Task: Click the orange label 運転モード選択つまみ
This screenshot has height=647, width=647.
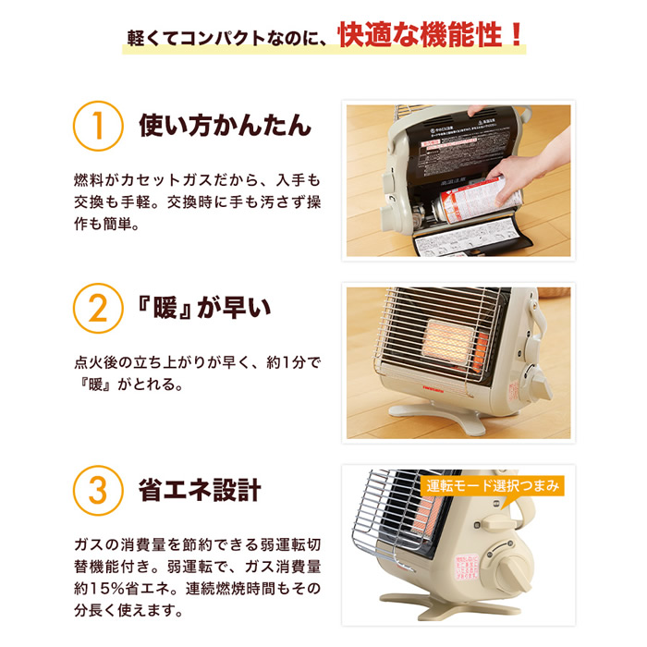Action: click(x=494, y=485)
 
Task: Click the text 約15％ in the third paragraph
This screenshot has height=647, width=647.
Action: click(x=104, y=587)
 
